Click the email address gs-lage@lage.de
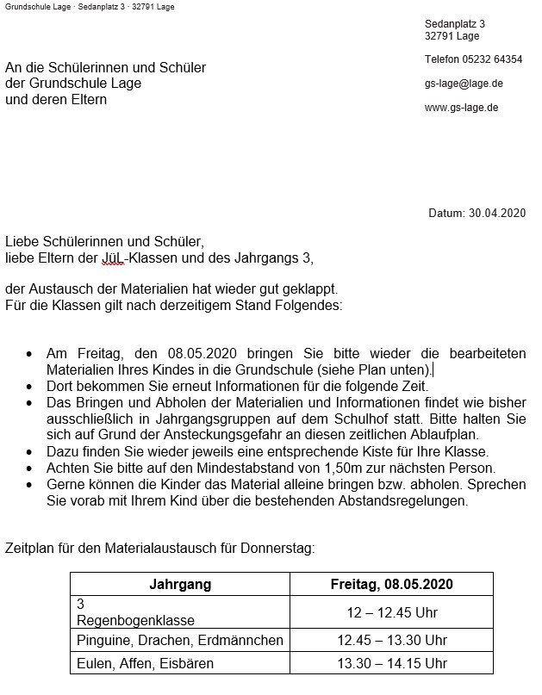tap(464, 84)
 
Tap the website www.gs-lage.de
tap(461, 108)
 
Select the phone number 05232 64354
tap(495, 59)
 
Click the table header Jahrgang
tap(180, 584)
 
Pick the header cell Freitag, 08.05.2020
tap(392, 584)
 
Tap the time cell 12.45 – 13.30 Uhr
tap(392, 640)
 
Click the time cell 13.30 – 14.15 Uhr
tap(392, 663)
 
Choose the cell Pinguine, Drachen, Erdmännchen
tap(180, 640)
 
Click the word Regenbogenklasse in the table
tap(136, 619)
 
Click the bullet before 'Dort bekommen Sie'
tap(30, 386)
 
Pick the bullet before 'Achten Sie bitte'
tap(30, 469)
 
